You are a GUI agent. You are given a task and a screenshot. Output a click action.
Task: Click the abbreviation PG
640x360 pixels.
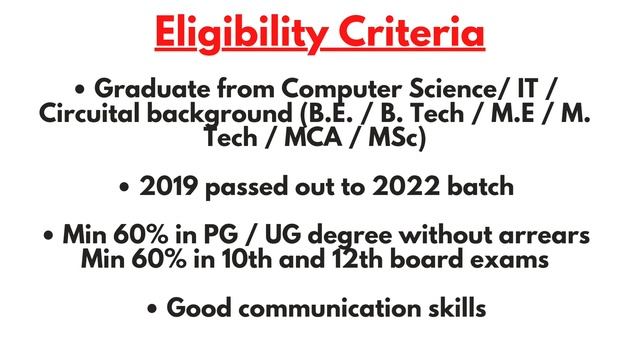[x=222, y=237]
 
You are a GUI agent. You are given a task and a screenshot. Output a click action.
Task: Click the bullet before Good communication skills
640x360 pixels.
[x=152, y=309]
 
